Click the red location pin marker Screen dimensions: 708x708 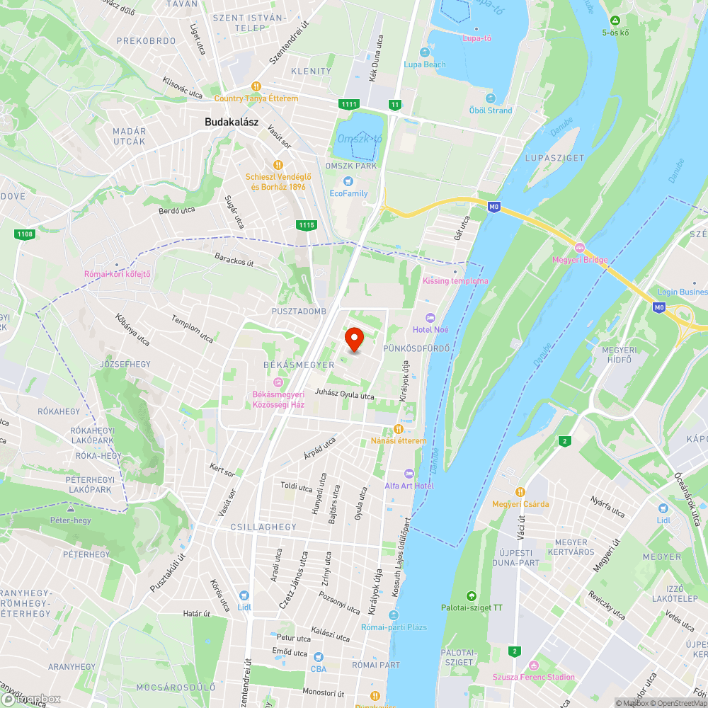point(354,340)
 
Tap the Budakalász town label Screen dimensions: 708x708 point(232,122)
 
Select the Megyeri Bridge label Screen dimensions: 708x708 point(580,260)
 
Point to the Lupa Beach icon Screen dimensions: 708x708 point(425,52)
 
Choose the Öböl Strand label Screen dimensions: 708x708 point(491,110)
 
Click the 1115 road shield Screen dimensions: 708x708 point(307,225)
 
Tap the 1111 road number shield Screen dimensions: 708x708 point(348,105)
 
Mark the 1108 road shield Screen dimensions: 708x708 point(24,233)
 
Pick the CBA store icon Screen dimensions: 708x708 point(319,656)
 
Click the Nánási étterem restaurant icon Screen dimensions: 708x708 point(399,429)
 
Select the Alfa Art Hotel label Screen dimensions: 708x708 point(409,485)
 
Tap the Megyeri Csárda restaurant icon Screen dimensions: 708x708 point(520,492)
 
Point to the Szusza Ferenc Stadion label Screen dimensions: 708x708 point(535,677)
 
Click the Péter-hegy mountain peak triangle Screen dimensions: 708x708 point(70,509)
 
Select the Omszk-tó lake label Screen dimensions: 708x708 point(359,139)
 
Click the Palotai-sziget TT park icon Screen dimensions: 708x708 point(472,595)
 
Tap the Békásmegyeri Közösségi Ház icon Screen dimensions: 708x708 point(278,382)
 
